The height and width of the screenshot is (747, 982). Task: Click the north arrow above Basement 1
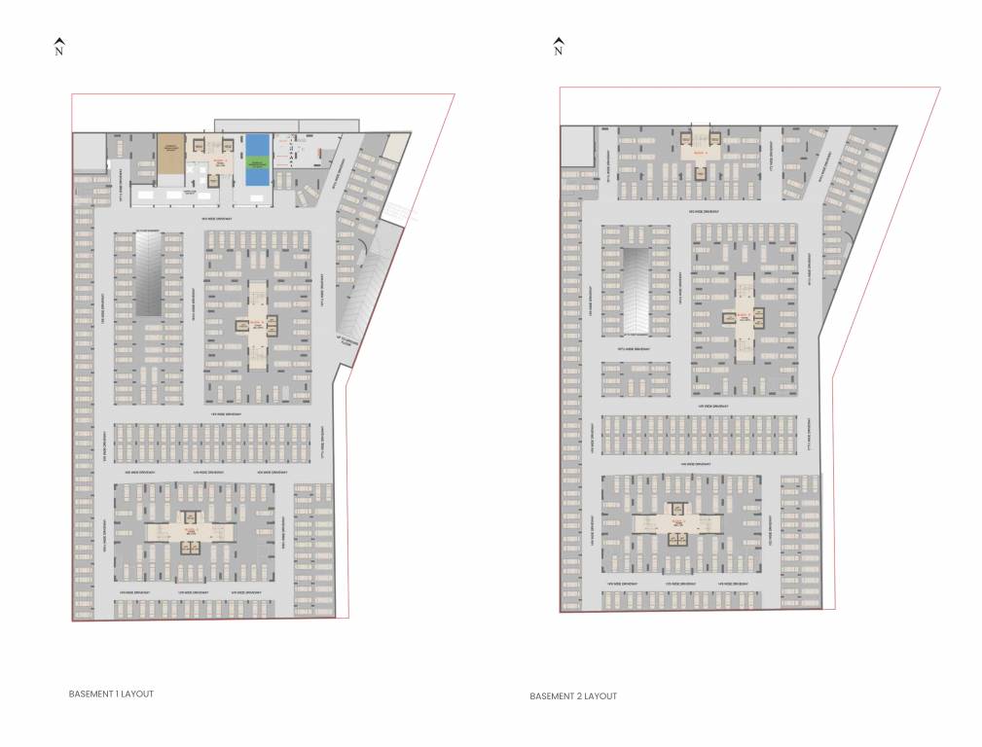[59, 42]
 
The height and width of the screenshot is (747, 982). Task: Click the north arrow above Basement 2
[558, 41]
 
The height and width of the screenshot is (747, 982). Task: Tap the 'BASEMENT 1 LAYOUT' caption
[111, 694]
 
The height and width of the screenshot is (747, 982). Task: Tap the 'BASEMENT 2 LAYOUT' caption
[573, 696]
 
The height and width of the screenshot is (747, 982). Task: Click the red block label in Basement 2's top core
[699, 154]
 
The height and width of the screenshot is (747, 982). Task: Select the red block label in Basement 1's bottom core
[190, 530]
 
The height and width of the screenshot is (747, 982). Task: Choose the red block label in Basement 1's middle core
[256, 322]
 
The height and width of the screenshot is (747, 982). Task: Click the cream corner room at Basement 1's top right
[395, 146]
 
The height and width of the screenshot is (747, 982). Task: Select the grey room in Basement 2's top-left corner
[576, 146]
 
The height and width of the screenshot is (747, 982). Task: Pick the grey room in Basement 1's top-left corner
[89, 152]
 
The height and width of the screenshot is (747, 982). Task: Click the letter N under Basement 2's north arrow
[558, 53]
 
